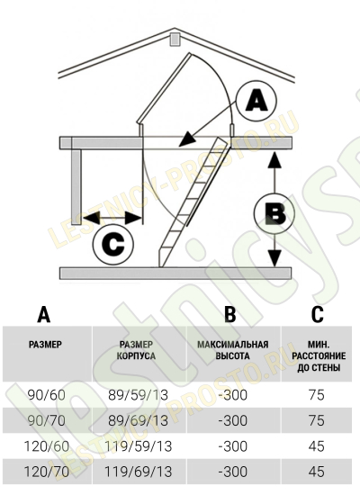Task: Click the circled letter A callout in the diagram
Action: [256, 101]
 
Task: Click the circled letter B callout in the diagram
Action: [274, 213]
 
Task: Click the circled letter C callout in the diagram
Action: [113, 244]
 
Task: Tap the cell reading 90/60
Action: [47, 394]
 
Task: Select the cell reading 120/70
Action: [47, 472]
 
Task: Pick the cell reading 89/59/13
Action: [138, 394]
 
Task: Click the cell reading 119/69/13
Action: [138, 472]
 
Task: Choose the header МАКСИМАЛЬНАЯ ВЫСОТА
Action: [233, 350]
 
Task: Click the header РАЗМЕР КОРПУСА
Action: [136, 350]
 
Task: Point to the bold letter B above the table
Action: [230, 314]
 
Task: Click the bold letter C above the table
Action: [318, 314]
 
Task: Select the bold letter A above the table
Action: [43, 314]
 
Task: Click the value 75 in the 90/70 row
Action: [317, 420]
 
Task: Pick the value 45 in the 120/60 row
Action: [317, 446]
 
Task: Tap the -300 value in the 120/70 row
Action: [233, 472]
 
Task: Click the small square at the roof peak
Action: [175, 40]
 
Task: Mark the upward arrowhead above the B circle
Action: [275, 159]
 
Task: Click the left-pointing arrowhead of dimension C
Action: [91, 218]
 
